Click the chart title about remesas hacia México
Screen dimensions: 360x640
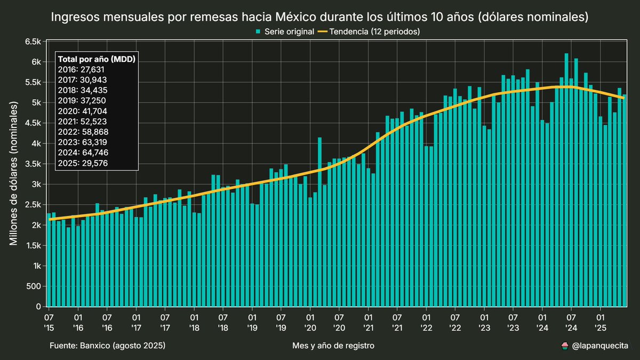coord(319,17)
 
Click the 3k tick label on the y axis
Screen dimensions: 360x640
coord(36,185)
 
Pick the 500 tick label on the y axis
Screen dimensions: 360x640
coord(34,286)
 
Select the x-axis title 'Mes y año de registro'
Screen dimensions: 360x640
coord(333,346)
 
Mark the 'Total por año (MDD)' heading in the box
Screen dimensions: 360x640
coord(96,59)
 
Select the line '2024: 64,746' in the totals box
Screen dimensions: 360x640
coord(83,153)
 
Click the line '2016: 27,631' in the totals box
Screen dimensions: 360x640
coord(83,69)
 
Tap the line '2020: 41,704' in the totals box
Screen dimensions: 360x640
coord(83,111)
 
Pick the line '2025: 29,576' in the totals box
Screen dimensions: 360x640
coord(83,163)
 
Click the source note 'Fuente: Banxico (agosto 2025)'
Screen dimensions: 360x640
coord(107,346)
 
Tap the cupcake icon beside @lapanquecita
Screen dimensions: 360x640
coord(565,346)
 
